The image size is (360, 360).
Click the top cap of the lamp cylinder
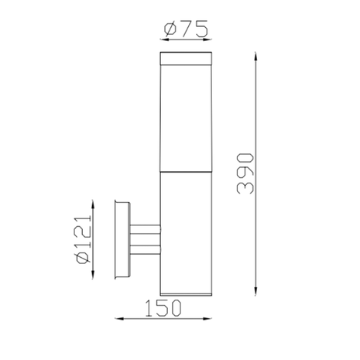click(185, 59)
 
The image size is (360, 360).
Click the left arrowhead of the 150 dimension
click(118, 318)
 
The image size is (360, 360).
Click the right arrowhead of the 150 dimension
click(209, 318)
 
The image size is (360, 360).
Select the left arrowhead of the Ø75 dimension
click(161, 39)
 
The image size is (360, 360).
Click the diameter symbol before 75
click(171, 29)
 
